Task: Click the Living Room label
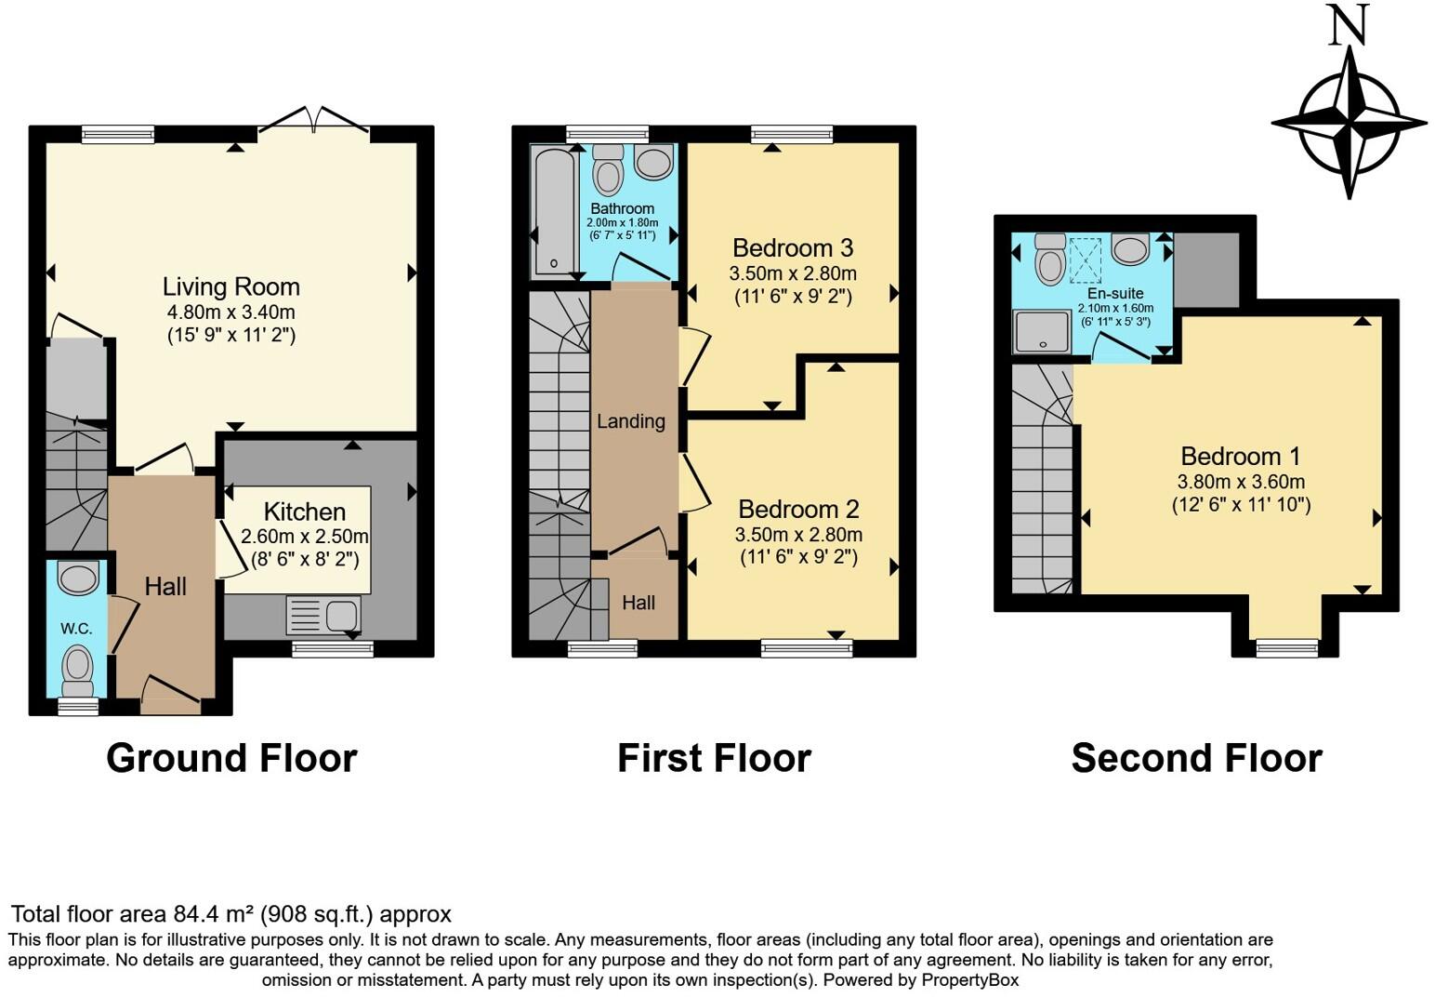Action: pyautogui.click(x=231, y=286)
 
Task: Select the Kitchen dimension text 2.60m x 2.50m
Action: pyautogui.click(x=304, y=537)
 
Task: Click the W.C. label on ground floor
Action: pyautogui.click(x=76, y=629)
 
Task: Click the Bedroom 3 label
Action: pyautogui.click(x=793, y=248)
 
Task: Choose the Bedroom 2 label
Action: pyautogui.click(x=798, y=510)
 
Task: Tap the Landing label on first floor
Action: pyautogui.click(x=631, y=421)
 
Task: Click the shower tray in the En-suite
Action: pyautogui.click(x=1043, y=332)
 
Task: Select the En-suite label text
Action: pyautogui.click(x=1115, y=294)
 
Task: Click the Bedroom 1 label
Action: pyautogui.click(x=1241, y=457)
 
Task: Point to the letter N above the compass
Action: pyautogui.click(x=1349, y=25)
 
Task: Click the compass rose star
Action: pyautogui.click(x=1349, y=123)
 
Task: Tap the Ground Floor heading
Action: pyautogui.click(x=231, y=758)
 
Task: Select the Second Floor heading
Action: pyautogui.click(x=1196, y=758)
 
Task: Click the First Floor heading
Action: pyautogui.click(x=714, y=758)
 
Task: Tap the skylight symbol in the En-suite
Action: pyautogui.click(x=1085, y=259)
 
